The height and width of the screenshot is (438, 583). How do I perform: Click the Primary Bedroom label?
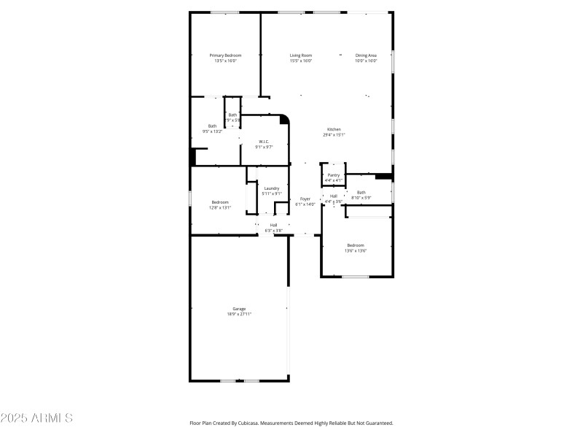[x=225, y=55]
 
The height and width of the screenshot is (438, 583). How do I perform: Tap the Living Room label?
[x=301, y=55]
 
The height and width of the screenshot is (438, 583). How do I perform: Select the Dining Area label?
[x=366, y=55]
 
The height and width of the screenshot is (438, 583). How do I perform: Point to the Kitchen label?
[x=334, y=129]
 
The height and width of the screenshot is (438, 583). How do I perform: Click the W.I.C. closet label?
[x=264, y=142]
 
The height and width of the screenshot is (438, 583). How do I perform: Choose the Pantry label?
[x=333, y=175]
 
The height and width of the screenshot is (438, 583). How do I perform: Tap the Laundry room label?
[x=272, y=188]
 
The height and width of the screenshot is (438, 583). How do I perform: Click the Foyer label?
[x=305, y=199]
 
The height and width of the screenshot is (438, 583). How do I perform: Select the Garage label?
[x=239, y=309]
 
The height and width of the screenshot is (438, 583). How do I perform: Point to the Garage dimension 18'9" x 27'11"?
[x=239, y=314]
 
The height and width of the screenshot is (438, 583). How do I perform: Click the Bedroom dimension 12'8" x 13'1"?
[x=220, y=207]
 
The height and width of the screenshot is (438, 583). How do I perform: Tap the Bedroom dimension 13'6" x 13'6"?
[x=355, y=250]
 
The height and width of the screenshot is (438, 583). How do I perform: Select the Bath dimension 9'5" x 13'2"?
[x=212, y=131]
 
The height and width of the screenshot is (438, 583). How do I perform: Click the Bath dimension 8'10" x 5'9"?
[x=361, y=198]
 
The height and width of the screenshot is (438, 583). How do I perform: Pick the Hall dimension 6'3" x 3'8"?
[x=273, y=230]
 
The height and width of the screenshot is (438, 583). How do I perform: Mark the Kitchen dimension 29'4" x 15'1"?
[x=334, y=134]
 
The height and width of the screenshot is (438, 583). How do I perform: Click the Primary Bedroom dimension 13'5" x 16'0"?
[x=225, y=61]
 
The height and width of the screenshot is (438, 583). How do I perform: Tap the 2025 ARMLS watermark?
[x=36, y=418]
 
